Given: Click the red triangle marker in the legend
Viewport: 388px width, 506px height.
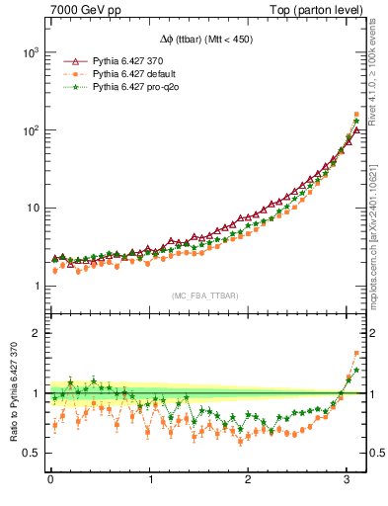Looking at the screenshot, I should (x=70, y=61).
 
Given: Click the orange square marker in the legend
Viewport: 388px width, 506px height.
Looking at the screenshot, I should (x=70, y=74).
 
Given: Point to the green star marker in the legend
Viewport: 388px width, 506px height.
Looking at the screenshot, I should (x=70, y=88).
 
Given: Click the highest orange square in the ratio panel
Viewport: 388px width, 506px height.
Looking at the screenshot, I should (x=356, y=353).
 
